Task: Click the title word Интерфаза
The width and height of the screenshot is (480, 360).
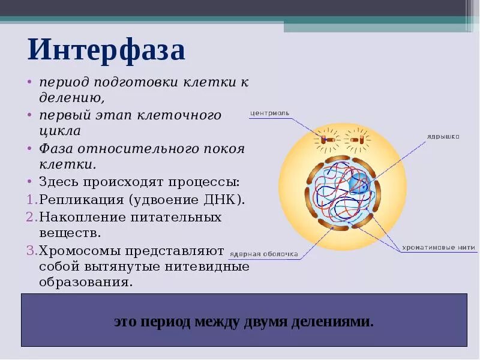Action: point(106,50)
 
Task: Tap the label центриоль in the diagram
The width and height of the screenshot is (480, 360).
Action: point(270,112)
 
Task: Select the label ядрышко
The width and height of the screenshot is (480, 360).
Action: point(443,137)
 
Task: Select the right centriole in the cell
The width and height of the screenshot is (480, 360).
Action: point(358,140)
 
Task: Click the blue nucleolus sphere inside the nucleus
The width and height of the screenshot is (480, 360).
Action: point(360,185)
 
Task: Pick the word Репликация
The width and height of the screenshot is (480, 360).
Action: point(79,199)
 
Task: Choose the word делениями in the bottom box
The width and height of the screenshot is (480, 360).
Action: point(332,322)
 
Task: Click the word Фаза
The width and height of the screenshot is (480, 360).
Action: point(56,148)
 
